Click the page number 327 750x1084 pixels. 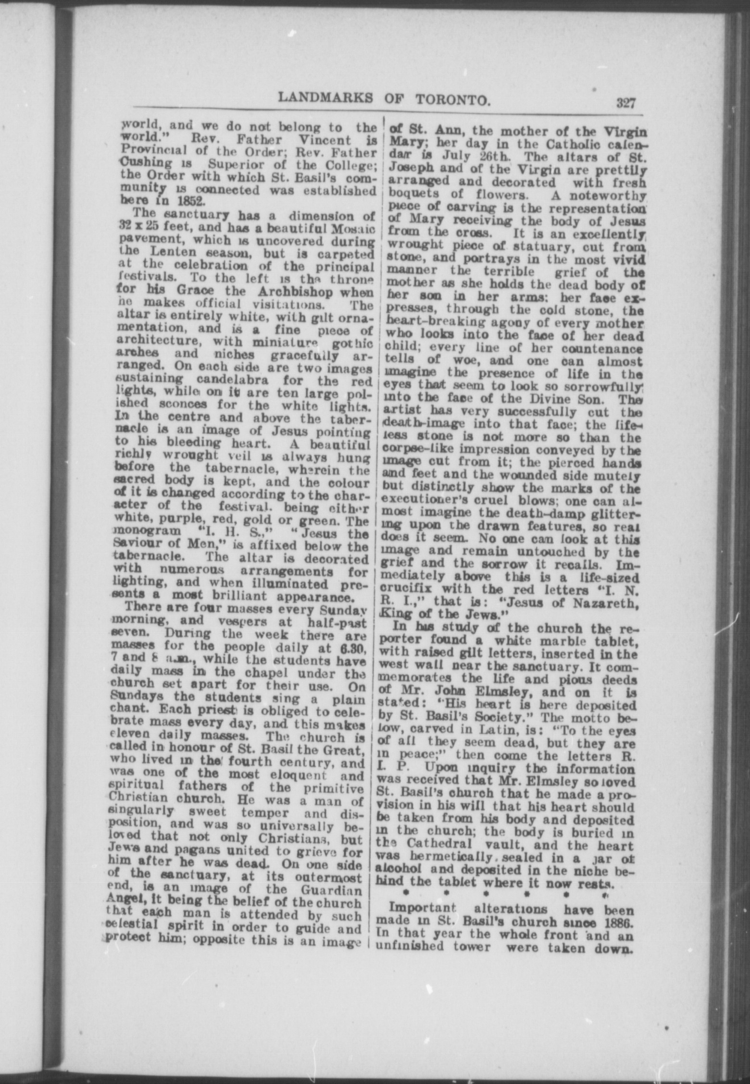click(624, 103)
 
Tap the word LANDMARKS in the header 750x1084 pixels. click(325, 98)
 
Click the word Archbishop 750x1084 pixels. click(297, 292)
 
